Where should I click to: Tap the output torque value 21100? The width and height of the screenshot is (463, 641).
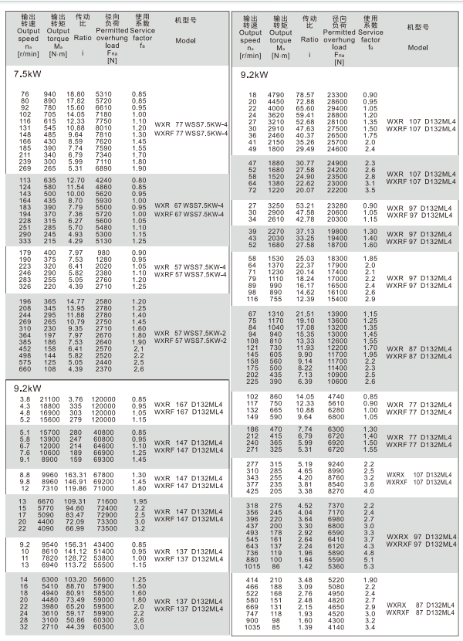coord(49,399)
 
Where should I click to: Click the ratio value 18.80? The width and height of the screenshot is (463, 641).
coord(75,94)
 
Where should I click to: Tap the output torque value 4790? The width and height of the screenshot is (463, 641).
coord(277,94)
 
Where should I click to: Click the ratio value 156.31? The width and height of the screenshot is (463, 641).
coord(76,545)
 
